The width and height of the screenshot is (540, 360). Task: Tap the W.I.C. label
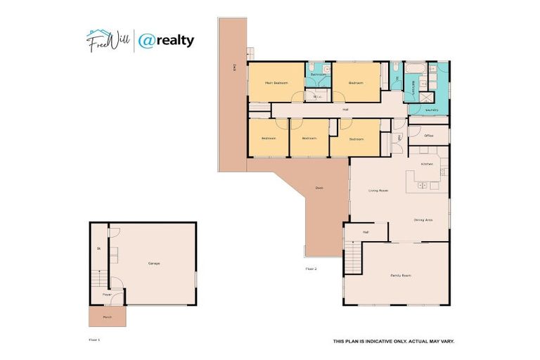tap(317, 97)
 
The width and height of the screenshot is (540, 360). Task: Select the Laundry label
tap(432, 110)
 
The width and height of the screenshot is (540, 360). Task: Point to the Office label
tap(428, 135)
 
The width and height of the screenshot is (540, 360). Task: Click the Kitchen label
tap(426, 163)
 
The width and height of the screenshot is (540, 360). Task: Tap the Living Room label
tap(378, 191)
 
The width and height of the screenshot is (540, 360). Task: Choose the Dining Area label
tap(423, 220)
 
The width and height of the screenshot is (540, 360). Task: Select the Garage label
tap(153, 264)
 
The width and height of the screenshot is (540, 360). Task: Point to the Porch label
tap(107, 316)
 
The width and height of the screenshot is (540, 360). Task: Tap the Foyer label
tap(107, 294)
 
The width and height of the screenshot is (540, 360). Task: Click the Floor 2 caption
tap(311, 269)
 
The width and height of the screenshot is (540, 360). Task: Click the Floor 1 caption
tap(95, 340)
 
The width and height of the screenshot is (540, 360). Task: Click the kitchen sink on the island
tap(423, 186)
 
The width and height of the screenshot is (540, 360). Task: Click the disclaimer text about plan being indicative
tap(393, 342)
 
